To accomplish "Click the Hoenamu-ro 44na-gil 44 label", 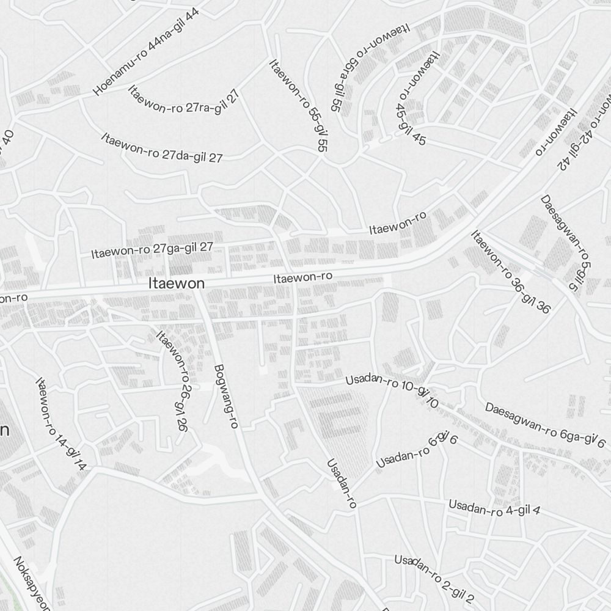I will pyautogui.click(x=146, y=52).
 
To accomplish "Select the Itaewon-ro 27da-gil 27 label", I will pyautogui.click(x=162, y=148).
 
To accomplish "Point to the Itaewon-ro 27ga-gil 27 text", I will pyautogui.click(x=152, y=250).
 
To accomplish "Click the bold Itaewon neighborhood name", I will pyautogui.click(x=177, y=284).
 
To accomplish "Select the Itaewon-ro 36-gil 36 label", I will pyautogui.click(x=510, y=271).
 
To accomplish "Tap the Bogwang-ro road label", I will pyautogui.click(x=225, y=396).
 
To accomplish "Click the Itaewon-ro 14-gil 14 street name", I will pyautogui.click(x=61, y=425).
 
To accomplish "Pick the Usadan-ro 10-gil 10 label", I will pyautogui.click(x=392, y=391).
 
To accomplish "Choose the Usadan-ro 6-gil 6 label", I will pyautogui.click(x=417, y=450).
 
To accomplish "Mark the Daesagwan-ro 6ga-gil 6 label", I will pyautogui.click(x=545, y=425).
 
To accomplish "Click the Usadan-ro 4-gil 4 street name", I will pyautogui.click(x=494, y=508).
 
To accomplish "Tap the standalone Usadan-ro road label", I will pyautogui.click(x=342, y=483).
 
